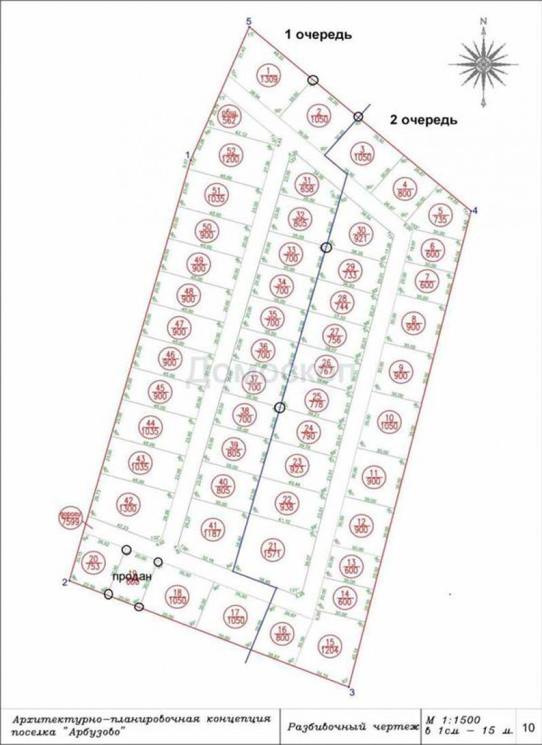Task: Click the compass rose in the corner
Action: click(x=484, y=62)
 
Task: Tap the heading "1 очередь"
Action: click(x=317, y=35)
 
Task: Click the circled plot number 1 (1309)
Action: click(x=268, y=75)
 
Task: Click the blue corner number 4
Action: click(x=474, y=211)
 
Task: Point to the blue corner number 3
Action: click(x=351, y=690)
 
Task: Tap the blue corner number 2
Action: click(x=64, y=581)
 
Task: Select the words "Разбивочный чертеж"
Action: click(x=349, y=726)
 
